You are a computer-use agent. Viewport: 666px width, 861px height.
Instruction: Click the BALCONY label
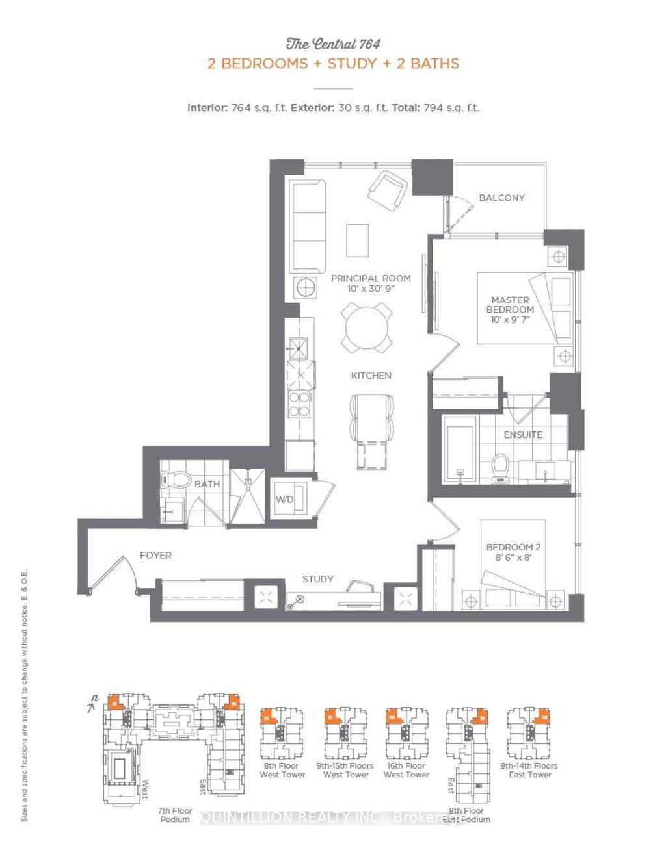501,198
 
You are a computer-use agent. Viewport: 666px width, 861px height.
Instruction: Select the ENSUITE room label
522,435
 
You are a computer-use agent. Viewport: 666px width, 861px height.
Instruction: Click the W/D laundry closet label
285,499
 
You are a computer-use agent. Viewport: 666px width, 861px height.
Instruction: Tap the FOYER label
155,555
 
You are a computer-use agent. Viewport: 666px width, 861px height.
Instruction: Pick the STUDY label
317,579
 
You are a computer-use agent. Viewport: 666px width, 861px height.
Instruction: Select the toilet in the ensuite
500,468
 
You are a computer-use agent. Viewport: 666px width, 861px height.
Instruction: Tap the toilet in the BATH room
176,480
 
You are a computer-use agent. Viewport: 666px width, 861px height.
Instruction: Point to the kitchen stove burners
300,404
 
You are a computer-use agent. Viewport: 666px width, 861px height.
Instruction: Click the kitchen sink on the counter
299,348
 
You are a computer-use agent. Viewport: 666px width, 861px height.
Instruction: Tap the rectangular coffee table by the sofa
357,240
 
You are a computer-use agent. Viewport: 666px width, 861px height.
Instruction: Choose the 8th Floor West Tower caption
282,770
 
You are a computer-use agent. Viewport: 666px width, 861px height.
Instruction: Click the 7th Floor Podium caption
175,815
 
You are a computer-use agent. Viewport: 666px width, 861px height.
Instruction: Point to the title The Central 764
333,44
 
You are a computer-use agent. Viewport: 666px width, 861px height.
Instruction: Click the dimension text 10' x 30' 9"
371,289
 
